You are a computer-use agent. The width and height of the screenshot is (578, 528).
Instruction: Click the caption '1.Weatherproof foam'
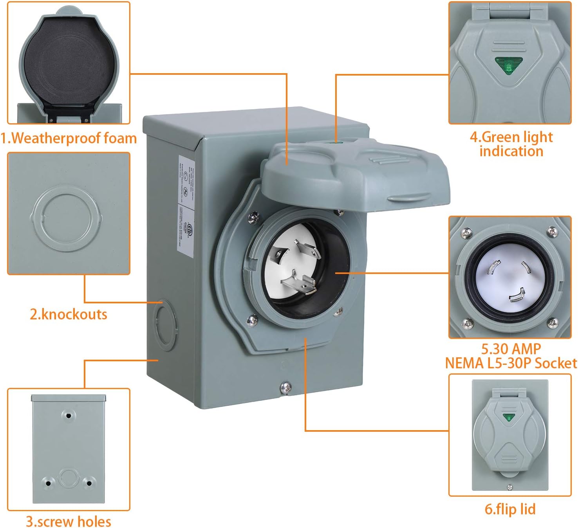pos(69,138)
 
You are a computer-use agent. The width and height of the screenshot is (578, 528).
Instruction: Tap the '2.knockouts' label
pos(69,314)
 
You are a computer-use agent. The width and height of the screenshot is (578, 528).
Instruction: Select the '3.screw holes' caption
pos(69,521)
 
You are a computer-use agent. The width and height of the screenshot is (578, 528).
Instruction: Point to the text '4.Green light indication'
pos(511,144)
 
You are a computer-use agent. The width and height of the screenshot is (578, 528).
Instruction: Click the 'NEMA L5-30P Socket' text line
pos(511,363)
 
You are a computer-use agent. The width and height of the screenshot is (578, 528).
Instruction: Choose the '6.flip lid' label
pos(510,509)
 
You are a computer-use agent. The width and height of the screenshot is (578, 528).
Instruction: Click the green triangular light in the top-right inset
pos(508,65)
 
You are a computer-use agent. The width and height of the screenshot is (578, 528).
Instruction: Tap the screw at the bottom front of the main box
pos(285,387)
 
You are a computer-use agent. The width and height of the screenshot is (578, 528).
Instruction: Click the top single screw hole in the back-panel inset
pos(69,415)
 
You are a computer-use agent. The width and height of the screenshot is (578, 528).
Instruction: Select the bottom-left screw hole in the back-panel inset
pos(48,483)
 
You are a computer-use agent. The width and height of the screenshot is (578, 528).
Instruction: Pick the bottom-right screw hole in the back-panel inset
pos(89,483)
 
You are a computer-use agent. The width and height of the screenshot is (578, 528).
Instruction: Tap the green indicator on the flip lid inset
pos(509,417)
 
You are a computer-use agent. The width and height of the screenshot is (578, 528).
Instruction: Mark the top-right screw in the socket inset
pos(553,232)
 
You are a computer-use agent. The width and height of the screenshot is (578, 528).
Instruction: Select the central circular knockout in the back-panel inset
pos(69,478)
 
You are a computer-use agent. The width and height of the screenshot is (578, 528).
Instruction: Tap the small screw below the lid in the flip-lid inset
pos(509,487)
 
